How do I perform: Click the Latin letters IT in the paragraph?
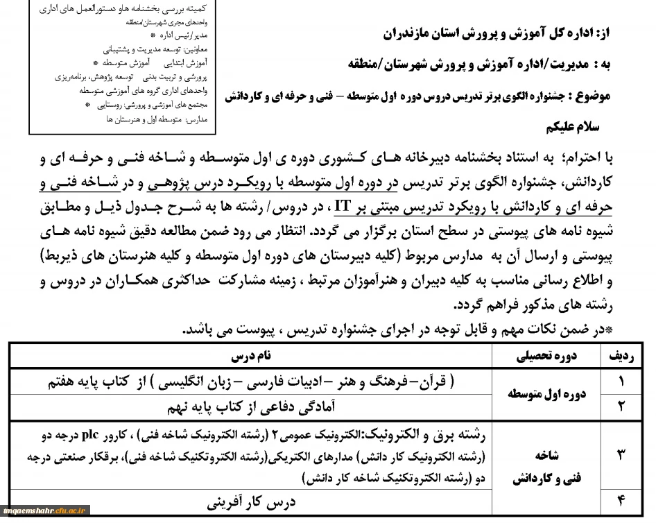coord(342,206)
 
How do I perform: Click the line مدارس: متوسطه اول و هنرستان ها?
coord(166,119)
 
